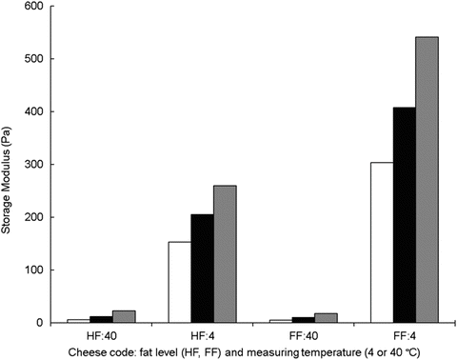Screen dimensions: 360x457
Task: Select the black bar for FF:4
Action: [403, 214]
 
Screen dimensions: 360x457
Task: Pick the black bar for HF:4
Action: [201, 269]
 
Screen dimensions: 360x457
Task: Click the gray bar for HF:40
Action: [124, 316]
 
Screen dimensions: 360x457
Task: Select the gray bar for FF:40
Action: [326, 317]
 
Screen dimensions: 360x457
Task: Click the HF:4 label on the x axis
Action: [201, 334]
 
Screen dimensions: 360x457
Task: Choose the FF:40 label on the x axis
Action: [302, 334]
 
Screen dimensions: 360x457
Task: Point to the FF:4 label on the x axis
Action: [403, 334]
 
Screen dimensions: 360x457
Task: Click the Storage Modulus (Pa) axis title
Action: [10, 164]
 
